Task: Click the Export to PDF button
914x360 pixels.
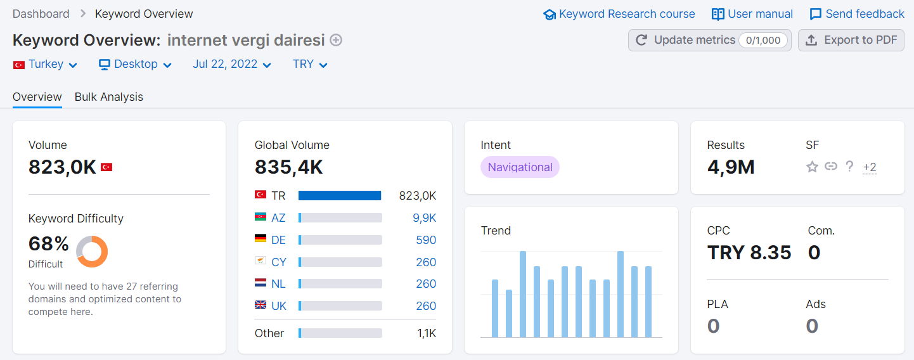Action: tap(851, 40)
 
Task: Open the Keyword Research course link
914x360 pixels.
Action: tap(619, 15)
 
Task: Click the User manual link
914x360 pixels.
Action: tap(752, 15)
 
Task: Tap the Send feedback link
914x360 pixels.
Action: tap(857, 15)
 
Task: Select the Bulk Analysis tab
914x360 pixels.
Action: tap(108, 97)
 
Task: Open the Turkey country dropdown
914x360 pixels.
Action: tap(45, 65)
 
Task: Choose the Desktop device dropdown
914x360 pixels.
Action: tap(135, 65)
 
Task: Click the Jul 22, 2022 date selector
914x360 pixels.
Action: tap(232, 65)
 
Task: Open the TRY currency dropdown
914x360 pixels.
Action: tap(310, 65)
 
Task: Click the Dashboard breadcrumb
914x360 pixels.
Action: tap(41, 14)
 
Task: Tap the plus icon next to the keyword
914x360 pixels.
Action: tap(336, 40)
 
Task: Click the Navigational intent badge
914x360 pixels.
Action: tap(520, 167)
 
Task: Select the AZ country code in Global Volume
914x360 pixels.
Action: tap(278, 218)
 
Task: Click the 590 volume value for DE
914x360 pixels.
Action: tap(426, 240)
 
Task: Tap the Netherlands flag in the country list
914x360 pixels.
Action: tap(261, 283)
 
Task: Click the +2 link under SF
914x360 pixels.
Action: tap(870, 167)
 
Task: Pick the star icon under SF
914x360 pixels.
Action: tap(812, 167)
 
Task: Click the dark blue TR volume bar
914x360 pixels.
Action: tap(340, 195)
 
